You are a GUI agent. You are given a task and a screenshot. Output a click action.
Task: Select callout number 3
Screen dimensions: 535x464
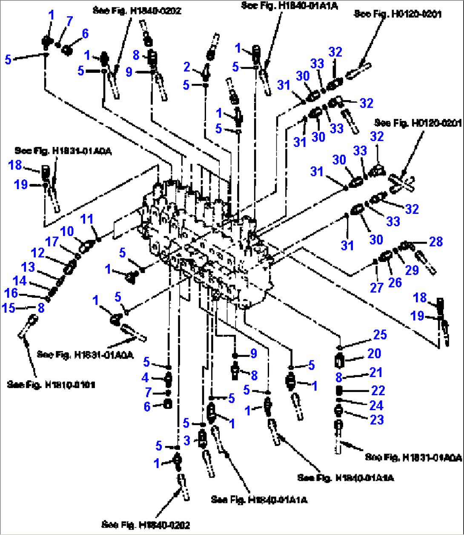click(187, 440)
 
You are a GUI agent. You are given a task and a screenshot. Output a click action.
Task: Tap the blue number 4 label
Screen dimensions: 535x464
click(145, 377)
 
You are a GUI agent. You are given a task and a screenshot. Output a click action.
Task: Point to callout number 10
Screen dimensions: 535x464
click(66, 231)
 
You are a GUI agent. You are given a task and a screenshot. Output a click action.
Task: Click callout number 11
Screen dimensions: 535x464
click(87, 220)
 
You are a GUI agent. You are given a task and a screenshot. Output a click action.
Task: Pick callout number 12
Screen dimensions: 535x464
click(38, 253)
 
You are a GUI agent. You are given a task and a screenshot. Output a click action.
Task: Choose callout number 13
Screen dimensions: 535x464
click(28, 267)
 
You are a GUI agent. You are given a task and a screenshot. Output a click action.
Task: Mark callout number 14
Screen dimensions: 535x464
click(20, 281)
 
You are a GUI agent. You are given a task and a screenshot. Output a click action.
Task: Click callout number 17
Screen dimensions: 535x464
click(52, 242)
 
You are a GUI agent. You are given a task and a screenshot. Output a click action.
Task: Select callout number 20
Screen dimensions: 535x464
click(374, 353)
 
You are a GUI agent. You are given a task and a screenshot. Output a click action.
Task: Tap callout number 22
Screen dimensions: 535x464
click(378, 390)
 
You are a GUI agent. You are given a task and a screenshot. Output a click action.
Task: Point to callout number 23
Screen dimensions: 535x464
click(377, 420)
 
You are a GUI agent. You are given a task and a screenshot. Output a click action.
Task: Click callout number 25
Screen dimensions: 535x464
click(380, 335)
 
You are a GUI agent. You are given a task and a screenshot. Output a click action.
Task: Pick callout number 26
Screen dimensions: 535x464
click(395, 282)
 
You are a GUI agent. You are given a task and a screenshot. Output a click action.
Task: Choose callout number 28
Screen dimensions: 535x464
click(436, 242)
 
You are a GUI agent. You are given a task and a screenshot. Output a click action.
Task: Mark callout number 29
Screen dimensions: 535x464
click(412, 270)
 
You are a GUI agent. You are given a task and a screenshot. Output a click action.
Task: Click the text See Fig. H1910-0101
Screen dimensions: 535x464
click(51, 385)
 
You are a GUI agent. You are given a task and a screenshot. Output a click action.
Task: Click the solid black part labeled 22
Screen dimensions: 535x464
click(340, 390)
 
